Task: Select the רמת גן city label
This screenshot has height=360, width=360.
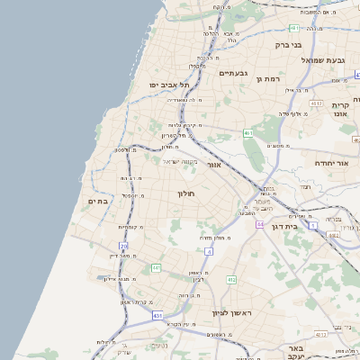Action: pyautogui.click(x=269, y=78)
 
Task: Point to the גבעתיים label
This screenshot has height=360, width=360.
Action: pyautogui.click(x=232, y=72)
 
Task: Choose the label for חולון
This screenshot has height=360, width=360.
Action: pyautogui.click(x=186, y=193)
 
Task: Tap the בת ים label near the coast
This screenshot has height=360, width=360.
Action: pyautogui.click(x=97, y=201)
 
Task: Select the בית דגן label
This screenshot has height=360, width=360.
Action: pyautogui.click(x=283, y=227)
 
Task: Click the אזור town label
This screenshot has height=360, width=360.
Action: pyautogui.click(x=213, y=165)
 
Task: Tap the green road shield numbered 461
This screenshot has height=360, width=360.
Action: pyautogui.click(x=247, y=133)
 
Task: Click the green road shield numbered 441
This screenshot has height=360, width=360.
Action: pyautogui.click(x=156, y=267)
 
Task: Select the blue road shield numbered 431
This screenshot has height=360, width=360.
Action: pyautogui.click(x=157, y=316)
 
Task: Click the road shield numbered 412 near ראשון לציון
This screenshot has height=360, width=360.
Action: pyautogui.click(x=231, y=279)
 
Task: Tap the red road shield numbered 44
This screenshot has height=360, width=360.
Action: pyautogui.click(x=259, y=223)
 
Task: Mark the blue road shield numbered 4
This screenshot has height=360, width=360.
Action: pyautogui.click(x=209, y=251)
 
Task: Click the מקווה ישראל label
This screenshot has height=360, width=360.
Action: pyautogui.click(x=180, y=162)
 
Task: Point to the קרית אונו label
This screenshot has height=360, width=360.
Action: pyautogui.click(x=340, y=110)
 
